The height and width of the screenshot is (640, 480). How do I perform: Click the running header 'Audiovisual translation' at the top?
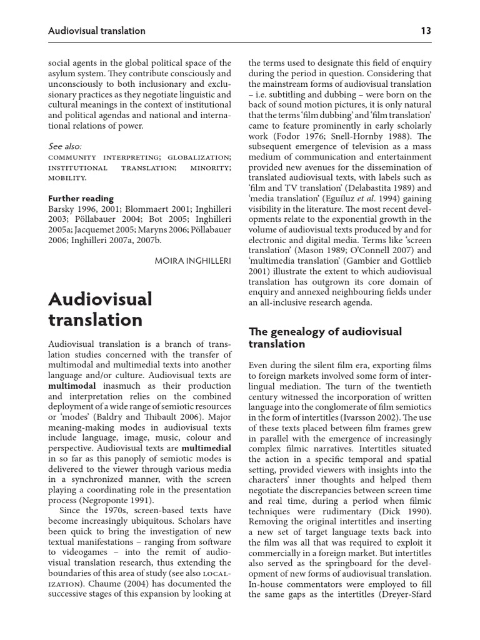(97, 31)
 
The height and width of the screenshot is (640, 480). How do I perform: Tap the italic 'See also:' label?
(65, 146)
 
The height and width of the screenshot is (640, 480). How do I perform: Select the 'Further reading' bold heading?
(81, 198)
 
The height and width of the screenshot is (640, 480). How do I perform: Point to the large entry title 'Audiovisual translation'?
(100, 309)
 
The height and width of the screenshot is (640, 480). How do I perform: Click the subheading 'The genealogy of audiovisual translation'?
(325, 337)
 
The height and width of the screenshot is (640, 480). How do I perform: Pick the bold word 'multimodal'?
(72, 386)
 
